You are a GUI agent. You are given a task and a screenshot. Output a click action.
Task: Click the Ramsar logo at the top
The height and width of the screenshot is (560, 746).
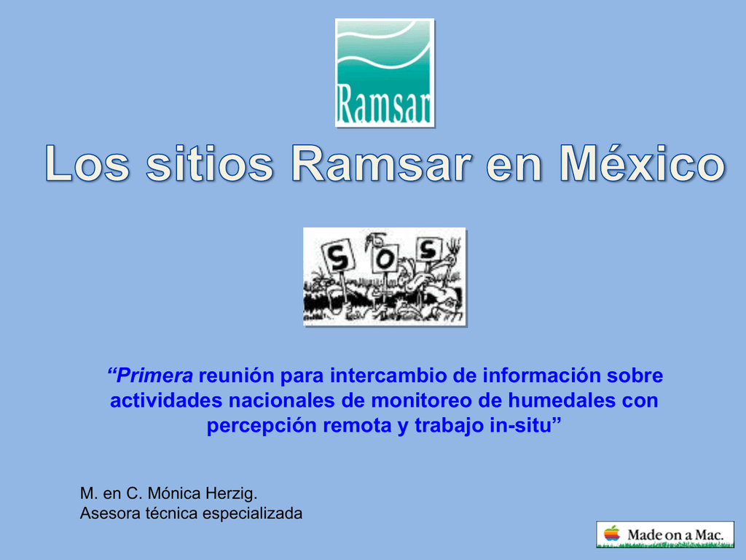[x=384, y=73]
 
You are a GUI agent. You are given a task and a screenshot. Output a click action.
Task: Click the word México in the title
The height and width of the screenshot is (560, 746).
[x=642, y=166]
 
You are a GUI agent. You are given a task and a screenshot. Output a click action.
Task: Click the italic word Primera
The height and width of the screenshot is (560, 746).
[x=151, y=376]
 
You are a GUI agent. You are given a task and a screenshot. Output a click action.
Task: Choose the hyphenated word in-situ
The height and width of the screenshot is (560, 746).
[x=523, y=426]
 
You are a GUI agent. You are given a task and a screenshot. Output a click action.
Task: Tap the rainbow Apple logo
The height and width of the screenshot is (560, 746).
[x=610, y=534]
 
